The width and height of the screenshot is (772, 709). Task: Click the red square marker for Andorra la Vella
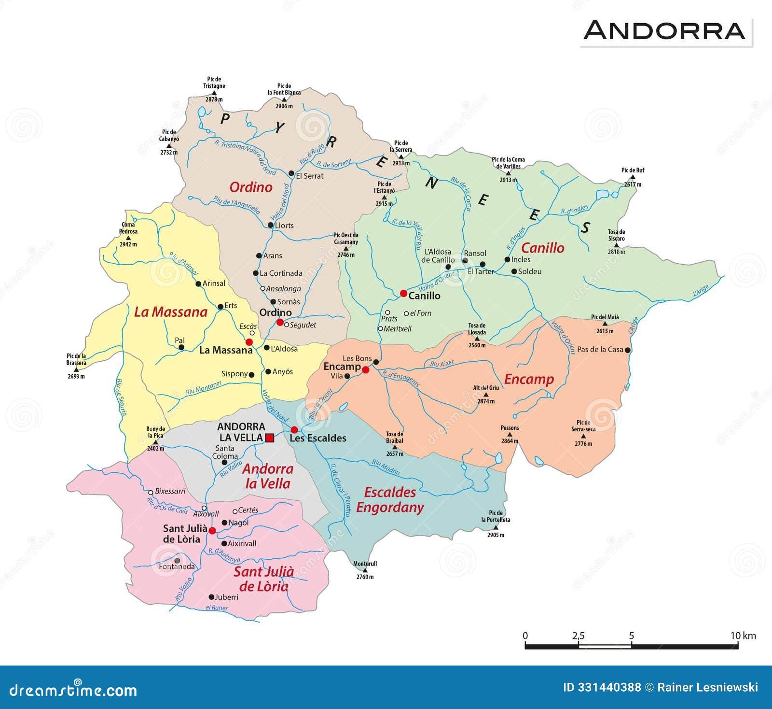point(270,438)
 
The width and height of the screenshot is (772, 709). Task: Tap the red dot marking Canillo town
point(403,293)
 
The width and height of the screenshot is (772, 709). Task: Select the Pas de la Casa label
point(600,349)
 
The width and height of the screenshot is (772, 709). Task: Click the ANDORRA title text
point(664,30)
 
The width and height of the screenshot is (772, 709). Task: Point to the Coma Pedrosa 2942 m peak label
point(128,234)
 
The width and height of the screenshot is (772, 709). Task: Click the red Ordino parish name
point(250,187)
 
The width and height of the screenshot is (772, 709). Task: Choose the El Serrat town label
point(309,176)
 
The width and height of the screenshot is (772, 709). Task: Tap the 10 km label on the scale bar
point(743,636)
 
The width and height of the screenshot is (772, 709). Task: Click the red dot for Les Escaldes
point(294,429)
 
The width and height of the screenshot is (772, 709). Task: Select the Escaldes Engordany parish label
point(390,500)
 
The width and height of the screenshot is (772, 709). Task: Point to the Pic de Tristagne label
point(214,83)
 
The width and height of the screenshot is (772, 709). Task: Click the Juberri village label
point(226,597)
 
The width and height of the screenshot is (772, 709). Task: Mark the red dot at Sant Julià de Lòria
point(212,530)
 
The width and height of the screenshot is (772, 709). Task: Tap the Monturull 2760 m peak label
point(365,570)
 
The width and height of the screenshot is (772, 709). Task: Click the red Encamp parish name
point(529,379)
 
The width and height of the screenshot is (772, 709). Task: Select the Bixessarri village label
point(170,491)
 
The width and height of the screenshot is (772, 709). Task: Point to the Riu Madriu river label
point(386,467)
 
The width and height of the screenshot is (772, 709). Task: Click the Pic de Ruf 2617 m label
point(633,177)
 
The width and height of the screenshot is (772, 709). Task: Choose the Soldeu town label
point(529,271)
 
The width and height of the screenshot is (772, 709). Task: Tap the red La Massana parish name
point(170,312)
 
